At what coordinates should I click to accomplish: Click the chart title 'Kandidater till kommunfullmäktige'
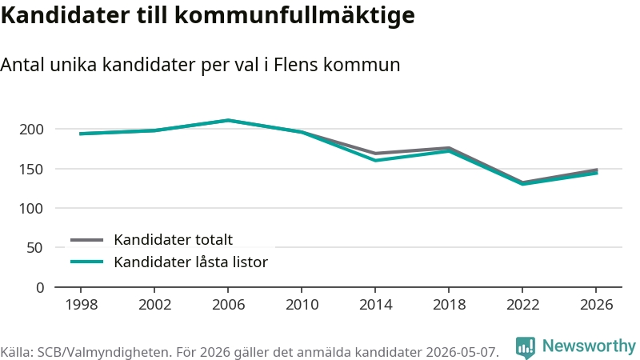point(207,16)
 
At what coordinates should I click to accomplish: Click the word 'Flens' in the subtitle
point(295,65)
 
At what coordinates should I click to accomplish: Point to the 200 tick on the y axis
point(31,130)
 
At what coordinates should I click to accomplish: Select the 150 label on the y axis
point(31,169)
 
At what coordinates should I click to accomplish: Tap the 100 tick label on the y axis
point(31,209)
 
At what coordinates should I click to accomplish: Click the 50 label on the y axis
point(34,248)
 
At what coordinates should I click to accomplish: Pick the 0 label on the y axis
point(39,287)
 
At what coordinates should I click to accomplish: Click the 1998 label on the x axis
point(82,305)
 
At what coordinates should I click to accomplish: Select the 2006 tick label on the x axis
point(228,305)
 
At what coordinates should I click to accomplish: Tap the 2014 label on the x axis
point(375,305)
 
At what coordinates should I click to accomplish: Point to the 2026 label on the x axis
point(596,305)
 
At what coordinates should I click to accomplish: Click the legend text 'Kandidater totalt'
point(173,239)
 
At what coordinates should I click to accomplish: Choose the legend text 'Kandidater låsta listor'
point(190,262)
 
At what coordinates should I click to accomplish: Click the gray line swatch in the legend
point(86,240)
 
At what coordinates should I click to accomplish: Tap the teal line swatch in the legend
point(86,262)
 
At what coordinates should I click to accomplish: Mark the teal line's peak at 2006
point(228,121)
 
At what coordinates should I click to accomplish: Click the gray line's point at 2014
point(375,154)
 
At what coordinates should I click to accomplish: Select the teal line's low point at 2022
point(523,184)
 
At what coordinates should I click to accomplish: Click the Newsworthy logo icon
point(526,348)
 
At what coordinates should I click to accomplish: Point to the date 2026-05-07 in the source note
point(462,352)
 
